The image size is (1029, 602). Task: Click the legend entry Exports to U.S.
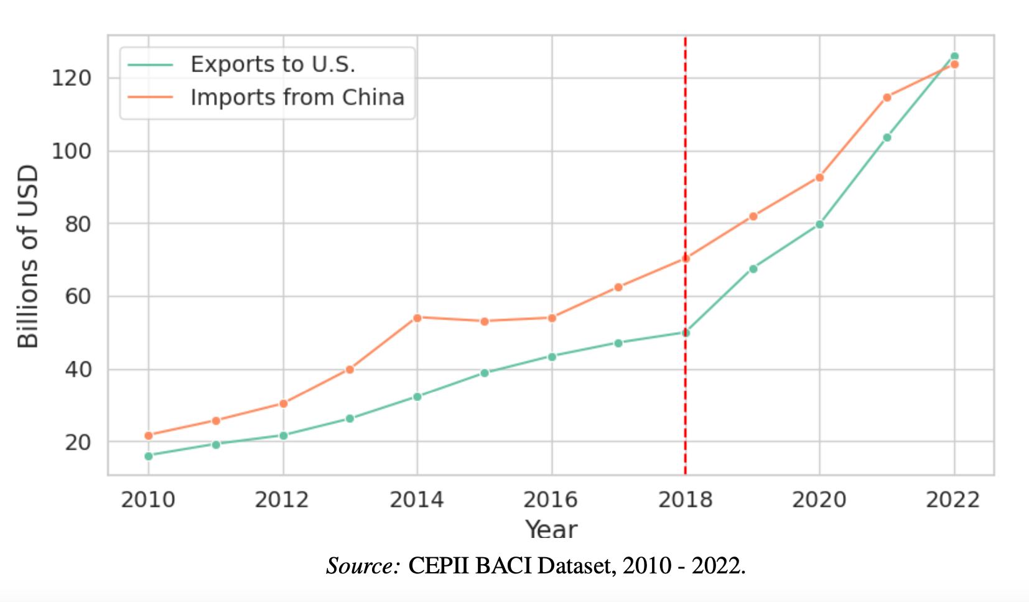click(272, 65)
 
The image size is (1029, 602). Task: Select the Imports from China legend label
click(297, 98)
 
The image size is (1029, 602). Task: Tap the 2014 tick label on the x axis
click(416, 499)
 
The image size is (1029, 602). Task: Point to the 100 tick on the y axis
click(71, 151)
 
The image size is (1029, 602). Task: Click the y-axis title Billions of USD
click(28, 256)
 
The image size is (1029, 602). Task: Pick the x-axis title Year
click(551, 529)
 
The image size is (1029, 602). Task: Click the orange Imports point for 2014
click(417, 318)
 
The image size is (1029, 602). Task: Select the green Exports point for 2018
click(686, 333)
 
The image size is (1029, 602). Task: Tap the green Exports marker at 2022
click(954, 57)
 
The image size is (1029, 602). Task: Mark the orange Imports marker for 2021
click(887, 98)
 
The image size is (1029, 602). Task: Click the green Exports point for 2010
click(149, 456)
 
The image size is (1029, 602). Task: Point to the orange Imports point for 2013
click(350, 369)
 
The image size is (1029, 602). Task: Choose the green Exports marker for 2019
click(753, 269)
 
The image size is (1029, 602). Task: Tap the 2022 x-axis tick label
click(952, 499)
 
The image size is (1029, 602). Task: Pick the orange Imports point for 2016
click(552, 318)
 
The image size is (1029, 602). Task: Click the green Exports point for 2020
click(819, 225)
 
